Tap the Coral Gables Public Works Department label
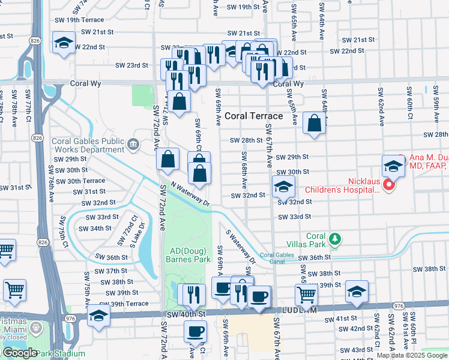coord(86,145)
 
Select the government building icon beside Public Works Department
coord(133,143)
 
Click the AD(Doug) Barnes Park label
coord(190,254)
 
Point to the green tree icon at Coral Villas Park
coord(336,240)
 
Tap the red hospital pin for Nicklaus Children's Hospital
coord(388,184)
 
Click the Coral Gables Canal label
coord(278,258)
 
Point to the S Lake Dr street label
coord(138,235)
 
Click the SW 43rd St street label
coord(362,349)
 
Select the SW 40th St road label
coord(187,314)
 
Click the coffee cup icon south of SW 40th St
coord(196,331)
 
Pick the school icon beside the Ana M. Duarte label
coord(393,165)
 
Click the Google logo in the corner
coord(20,353)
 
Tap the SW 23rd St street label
coord(131,65)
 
